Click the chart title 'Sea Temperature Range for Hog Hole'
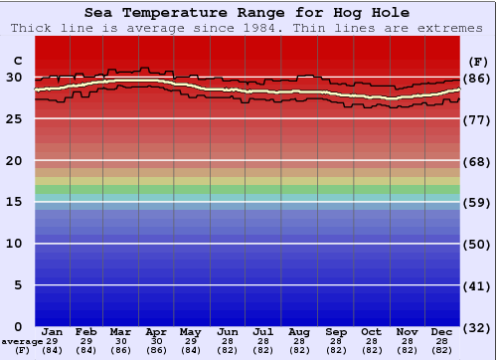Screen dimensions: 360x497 point(247,13)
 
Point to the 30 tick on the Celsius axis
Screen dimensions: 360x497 point(14,78)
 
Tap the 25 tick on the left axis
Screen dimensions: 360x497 point(14,119)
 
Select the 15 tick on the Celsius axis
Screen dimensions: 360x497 point(14,202)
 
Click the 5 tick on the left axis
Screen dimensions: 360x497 point(18,285)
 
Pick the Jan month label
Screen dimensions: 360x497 point(53,331)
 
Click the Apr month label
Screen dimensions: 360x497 point(156,331)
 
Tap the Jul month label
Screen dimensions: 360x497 point(263,331)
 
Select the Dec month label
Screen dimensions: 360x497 point(442,331)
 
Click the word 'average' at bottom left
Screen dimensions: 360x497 point(22,340)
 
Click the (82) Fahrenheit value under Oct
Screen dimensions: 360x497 point(371,350)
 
